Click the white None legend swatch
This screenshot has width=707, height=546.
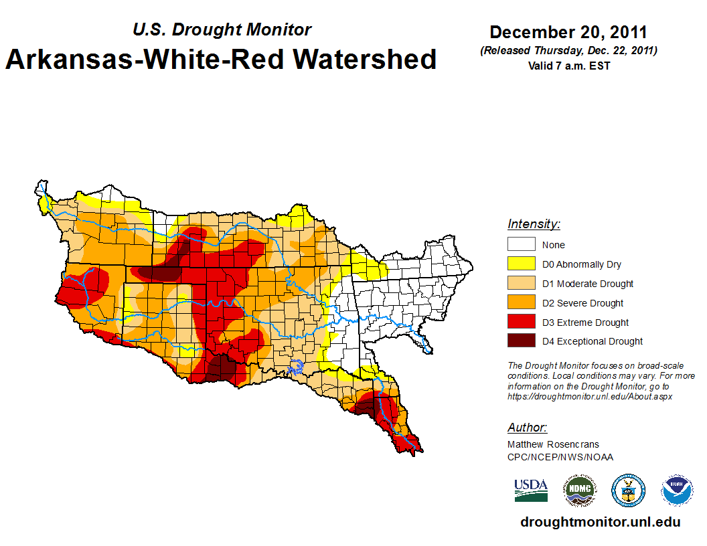(521, 245)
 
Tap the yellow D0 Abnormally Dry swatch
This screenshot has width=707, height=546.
(521, 264)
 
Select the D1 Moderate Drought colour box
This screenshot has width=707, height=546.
(521, 284)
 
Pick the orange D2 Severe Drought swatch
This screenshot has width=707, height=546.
(521, 303)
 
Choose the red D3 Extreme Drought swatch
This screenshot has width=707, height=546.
(521, 323)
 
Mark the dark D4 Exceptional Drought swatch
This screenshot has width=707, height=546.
(521, 341)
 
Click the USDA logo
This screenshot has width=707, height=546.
(531, 490)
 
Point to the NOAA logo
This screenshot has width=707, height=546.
(677, 490)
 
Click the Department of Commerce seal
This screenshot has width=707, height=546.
(628, 490)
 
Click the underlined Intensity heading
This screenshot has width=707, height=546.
(534, 224)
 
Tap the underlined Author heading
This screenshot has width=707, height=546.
(527, 428)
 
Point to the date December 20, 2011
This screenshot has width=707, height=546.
(568, 32)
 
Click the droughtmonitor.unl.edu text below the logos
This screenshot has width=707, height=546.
(601, 523)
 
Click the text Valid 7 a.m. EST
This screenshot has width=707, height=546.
(568, 66)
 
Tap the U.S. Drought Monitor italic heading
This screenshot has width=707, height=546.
(222, 30)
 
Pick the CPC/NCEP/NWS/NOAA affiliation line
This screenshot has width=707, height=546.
(560, 457)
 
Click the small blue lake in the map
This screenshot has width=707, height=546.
(295, 366)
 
